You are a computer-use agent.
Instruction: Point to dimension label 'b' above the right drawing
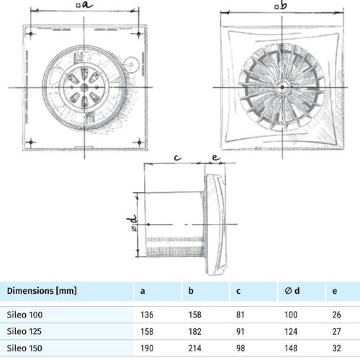click(x=284, y=6)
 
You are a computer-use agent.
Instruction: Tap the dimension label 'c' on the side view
click(x=176, y=156)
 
